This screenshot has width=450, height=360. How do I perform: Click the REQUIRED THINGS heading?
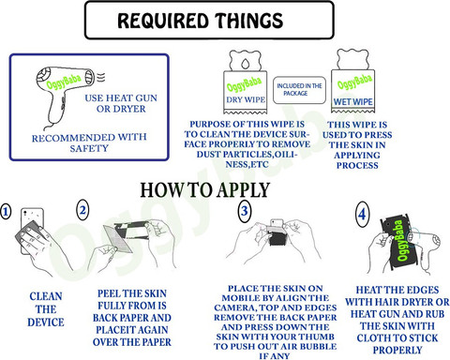pyautogui.click(x=201, y=21)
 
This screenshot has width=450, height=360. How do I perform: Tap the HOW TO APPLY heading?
pyautogui.click(x=204, y=190)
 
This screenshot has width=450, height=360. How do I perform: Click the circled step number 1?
pyautogui.click(x=6, y=212)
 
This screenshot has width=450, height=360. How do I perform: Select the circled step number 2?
pyautogui.click(x=82, y=210)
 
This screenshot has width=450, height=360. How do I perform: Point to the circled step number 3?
pyautogui.click(x=245, y=211)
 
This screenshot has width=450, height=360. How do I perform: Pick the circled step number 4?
pyautogui.click(x=362, y=215)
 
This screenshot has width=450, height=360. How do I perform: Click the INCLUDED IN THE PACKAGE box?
pyautogui.click(x=299, y=90)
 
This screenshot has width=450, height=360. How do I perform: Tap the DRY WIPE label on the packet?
pyautogui.click(x=246, y=99)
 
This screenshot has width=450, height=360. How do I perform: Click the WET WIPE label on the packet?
pyautogui.click(x=352, y=102)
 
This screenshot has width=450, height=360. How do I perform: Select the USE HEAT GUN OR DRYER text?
pyautogui.click(x=121, y=103)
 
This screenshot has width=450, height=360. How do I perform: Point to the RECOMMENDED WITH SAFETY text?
pyautogui.click(x=89, y=142)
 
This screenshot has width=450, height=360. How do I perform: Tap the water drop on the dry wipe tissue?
pyautogui.click(x=246, y=64)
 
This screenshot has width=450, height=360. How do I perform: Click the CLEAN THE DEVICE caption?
pyautogui.click(x=46, y=309)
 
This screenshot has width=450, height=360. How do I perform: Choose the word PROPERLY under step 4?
pyautogui.click(x=397, y=351)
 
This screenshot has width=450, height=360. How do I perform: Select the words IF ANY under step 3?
pyautogui.click(x=275, y=355)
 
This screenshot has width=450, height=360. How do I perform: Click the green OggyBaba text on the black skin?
pyautogui.click(x=401, y=240)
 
